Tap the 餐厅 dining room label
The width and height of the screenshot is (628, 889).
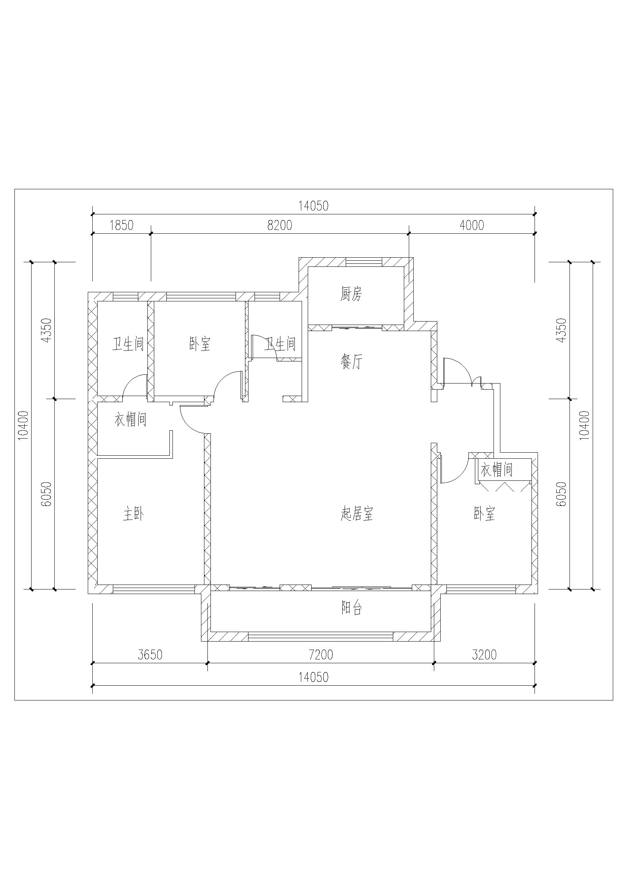352,362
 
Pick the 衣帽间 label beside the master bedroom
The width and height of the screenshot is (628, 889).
130,420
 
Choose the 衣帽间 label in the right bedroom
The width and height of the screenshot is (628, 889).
497,470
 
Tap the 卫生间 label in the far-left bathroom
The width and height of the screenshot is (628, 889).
128,344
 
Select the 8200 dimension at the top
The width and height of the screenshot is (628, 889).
280,225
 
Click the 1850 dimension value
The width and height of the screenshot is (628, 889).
122,225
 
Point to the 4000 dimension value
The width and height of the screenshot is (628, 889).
472,225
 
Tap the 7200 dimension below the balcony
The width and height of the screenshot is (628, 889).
321,655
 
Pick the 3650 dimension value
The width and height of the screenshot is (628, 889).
150,655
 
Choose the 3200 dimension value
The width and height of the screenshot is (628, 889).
484,655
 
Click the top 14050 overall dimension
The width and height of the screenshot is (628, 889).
313,206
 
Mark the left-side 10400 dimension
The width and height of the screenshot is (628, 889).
24,425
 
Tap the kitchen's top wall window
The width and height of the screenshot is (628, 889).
364,262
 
